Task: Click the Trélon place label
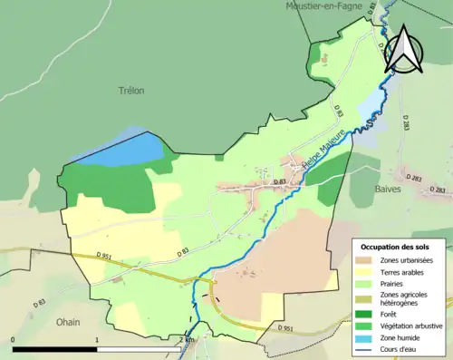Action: tap(131, 91)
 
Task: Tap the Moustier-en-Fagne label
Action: tap(324, 5)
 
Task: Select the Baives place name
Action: tap(388, 189)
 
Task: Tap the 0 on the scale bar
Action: tap(14, 340)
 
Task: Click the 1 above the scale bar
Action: tap(97, 340)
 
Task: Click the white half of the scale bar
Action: tap(140, 349)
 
